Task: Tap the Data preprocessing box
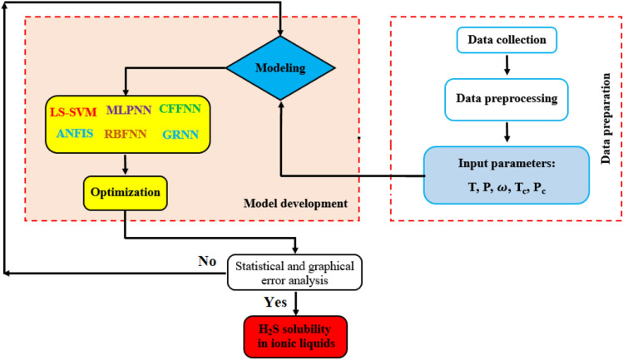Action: pos(506,98)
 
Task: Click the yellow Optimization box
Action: pos(126,191)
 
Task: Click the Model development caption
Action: pos(294,203)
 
